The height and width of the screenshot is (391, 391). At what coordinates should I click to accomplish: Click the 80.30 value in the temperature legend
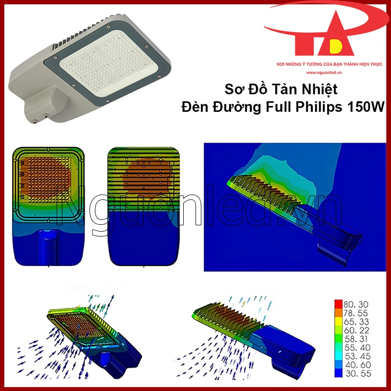coord(356,304)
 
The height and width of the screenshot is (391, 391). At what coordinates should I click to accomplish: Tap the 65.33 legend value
coord(356,322)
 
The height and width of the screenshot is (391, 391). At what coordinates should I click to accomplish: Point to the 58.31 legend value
coord(356,339)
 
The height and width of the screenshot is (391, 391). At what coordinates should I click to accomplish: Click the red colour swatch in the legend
coord(338,304)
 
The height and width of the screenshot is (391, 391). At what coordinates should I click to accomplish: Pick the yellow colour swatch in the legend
coord(338,322)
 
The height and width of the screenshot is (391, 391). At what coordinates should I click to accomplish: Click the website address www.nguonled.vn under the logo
coord(324,72)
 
